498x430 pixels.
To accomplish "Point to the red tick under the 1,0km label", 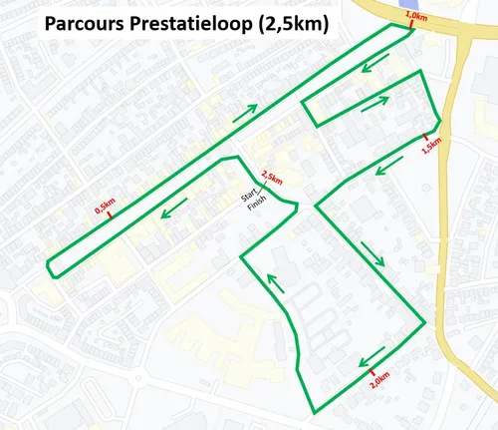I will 409,27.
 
